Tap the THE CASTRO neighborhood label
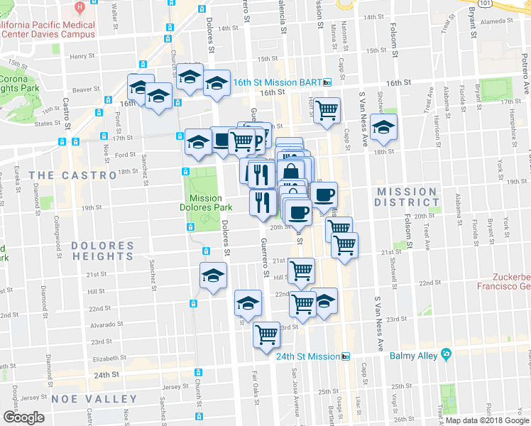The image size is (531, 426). [72, 175]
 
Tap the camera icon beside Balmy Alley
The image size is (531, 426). [446, 354]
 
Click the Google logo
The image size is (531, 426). [24, 417]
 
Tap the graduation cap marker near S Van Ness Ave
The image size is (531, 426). [384, 128]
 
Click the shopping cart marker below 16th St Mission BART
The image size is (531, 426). [327, 110]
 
